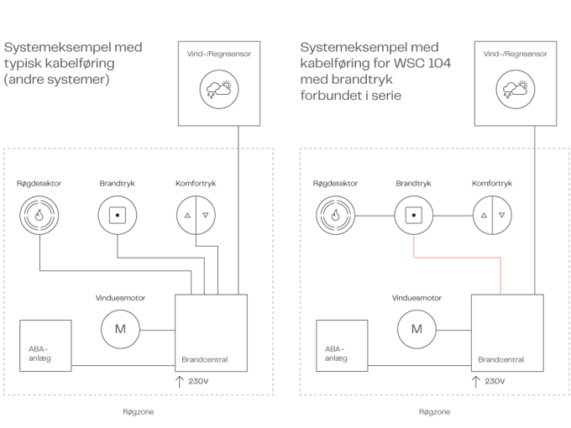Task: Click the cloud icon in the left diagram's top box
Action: [218, 88]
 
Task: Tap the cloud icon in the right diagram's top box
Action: [514, 88]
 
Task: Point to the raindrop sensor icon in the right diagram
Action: [335, 215]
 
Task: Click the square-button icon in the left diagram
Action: [117, 215]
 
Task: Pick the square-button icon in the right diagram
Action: [413, 215]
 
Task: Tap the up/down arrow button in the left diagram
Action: [195, 215]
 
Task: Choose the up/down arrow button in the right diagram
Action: [491, 215]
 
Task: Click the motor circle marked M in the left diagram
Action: [121, 328]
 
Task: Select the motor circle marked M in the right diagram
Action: [417, 328]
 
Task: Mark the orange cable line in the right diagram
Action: [458, 258]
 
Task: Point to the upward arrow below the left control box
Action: [179, 382]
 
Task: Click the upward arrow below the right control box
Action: [475, 382]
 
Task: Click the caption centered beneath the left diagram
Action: [139, 412]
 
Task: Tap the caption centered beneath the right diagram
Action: [434, 412]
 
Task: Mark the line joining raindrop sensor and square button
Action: [375, 215]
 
